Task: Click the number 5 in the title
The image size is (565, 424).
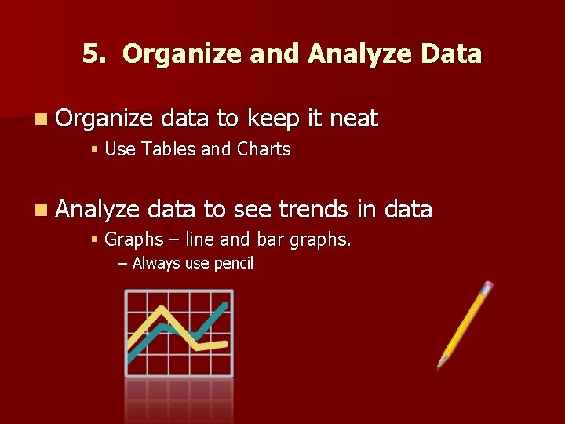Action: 92,54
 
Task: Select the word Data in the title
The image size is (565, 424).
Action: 451,54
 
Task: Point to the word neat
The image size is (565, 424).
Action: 354,119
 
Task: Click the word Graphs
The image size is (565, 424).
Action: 133,239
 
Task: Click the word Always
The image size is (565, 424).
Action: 157,264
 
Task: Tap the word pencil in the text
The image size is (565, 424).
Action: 232,264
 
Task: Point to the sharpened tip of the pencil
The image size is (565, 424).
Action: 440,364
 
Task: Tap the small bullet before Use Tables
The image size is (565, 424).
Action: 94,149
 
